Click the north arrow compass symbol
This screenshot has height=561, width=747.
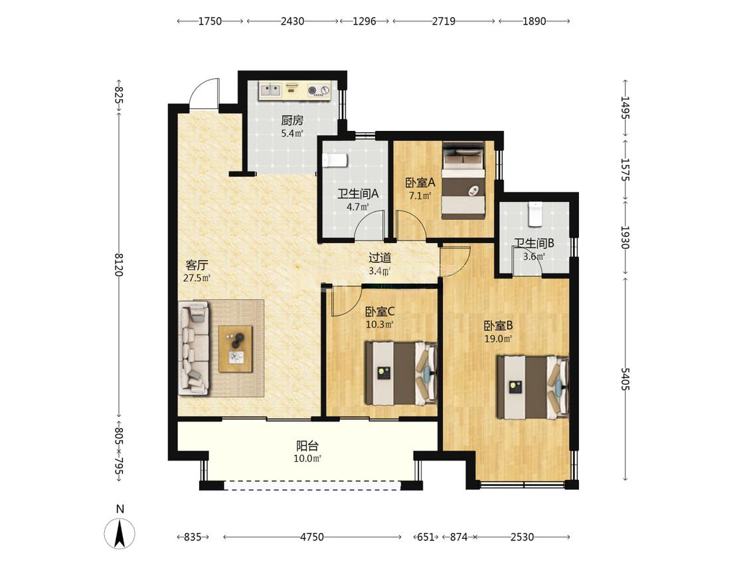pos(120,532)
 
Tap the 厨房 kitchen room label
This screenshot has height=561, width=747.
pos(291,120)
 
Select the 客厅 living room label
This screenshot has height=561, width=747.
pos(197,265)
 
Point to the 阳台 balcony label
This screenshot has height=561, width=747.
pos(307,445)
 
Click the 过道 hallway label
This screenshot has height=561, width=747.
pos(380,258)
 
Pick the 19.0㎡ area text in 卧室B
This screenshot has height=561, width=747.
pos(498,339)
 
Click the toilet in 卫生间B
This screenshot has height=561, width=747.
pos(536,214)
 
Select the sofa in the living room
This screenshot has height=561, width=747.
pos(194,348)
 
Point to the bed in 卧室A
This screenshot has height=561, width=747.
pos(463,180)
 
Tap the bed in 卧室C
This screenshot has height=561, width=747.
pos(401,373)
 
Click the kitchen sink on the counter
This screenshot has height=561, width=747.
pos(270,90)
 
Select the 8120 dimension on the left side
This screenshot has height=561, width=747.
pos(119,265)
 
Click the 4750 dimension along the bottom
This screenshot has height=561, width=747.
pos(312,537)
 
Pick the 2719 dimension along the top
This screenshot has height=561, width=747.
pos(444,21)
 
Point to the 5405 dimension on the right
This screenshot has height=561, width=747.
pos(625,379)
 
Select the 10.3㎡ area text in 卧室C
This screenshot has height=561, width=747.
pos(379,324)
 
